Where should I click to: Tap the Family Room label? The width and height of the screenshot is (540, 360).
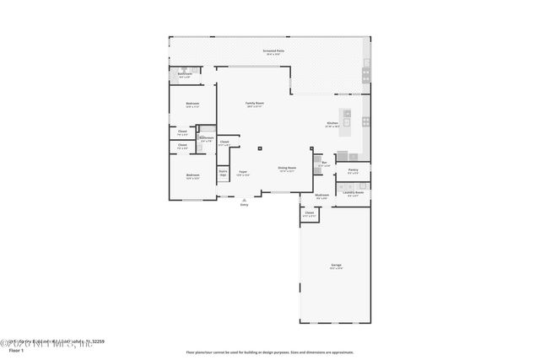pyautogui.click(x=254, y=103)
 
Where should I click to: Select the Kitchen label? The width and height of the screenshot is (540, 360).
pyautogui.click(x=332, y=123)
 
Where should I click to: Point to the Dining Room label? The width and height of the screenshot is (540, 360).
pyautogui.click(x=287, y=167)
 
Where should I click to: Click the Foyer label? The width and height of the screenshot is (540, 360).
pyautogui.click(x=243, y=171)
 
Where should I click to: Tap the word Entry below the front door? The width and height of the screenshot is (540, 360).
pyautogui.click(x=244, y=204)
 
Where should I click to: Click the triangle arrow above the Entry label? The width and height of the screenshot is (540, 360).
pyautogui.click(x=244, y=199)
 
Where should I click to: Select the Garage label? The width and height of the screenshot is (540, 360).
pyautogui.click(x=336, y=265)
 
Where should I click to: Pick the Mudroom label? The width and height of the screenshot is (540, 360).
pyautogui.click(x=321, y=195)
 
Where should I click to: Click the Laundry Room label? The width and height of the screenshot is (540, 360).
pyautogui.click(x=354, y=192)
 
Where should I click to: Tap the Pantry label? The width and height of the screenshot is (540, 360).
pyautogui.click(x=353, y=169)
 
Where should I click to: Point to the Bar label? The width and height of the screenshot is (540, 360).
pyautogui.click(x=324, y=163)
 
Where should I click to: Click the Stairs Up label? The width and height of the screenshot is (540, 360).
pyautogui.click(x=224, y=172)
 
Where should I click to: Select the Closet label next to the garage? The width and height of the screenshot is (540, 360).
pyautogui.click(x=310, y=212)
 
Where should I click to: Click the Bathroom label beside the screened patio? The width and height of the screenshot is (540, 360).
pyautogui.click(x=185, y=74)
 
